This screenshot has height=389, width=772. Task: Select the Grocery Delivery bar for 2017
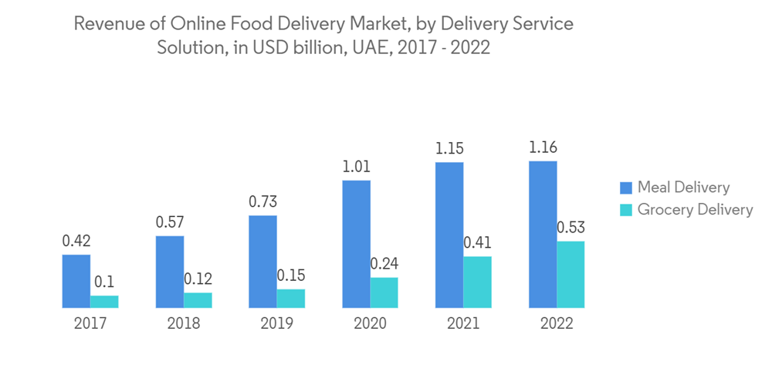[104, 302]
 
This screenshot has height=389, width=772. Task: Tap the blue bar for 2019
[262, 262]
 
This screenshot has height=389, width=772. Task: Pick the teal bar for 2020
[384, 293]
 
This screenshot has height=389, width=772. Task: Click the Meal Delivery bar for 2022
[542, 235]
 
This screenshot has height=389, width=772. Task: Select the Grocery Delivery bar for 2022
[571, 275]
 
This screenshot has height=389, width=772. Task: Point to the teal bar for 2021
[477, 282]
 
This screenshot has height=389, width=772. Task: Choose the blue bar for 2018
[169, 272]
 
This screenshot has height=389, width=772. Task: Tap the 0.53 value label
[571, 228]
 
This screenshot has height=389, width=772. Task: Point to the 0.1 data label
[104, 282]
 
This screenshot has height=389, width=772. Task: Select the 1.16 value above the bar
[542, 147]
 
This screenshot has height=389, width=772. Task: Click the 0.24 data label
[384, 264]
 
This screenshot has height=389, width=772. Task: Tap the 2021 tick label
[463, 323]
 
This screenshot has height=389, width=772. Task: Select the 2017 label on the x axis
[90, 323]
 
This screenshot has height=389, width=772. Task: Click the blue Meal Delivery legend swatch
[625, 188]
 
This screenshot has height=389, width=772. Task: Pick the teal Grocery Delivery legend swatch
[625, 210]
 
